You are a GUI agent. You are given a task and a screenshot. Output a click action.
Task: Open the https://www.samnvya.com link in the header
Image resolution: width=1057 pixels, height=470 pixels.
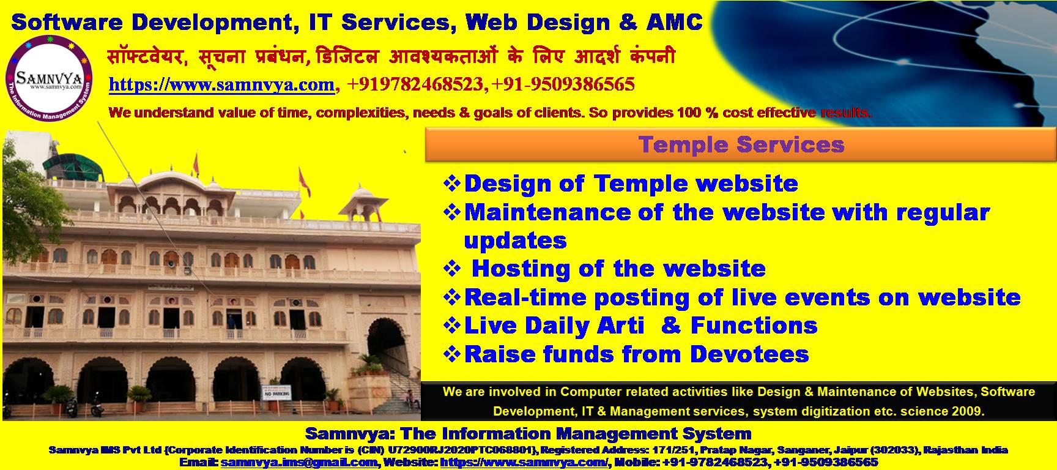click(x=221, y=84)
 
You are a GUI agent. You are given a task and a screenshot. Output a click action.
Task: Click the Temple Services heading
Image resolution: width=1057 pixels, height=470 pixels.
click(x=741, y=145)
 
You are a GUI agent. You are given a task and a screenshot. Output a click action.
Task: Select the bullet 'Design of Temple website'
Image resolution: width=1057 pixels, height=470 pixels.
click(x=631, y=184)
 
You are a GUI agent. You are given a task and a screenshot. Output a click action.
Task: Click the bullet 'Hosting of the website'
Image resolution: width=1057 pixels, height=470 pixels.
click(x=618, y=269)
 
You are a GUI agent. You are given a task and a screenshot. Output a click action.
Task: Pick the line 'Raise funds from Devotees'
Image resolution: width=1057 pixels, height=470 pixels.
click(x=636, y=354)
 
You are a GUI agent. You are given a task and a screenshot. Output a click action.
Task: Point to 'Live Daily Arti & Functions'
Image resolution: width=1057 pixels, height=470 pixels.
click(x=640, y=326)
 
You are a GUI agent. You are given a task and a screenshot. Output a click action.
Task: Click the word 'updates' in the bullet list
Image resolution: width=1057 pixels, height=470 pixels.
click(x=515, y=241)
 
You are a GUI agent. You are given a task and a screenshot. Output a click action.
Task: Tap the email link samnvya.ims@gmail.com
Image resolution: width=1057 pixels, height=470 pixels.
click(x=299, y=463)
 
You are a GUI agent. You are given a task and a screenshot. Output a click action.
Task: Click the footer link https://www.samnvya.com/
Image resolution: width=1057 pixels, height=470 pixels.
click(x=524, y=463)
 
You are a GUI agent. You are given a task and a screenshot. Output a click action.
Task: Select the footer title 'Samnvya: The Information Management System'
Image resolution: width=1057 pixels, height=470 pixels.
click(x=528, y=434)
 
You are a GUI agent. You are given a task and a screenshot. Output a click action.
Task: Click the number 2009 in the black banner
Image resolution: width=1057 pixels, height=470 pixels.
click(x=966, y=411)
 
